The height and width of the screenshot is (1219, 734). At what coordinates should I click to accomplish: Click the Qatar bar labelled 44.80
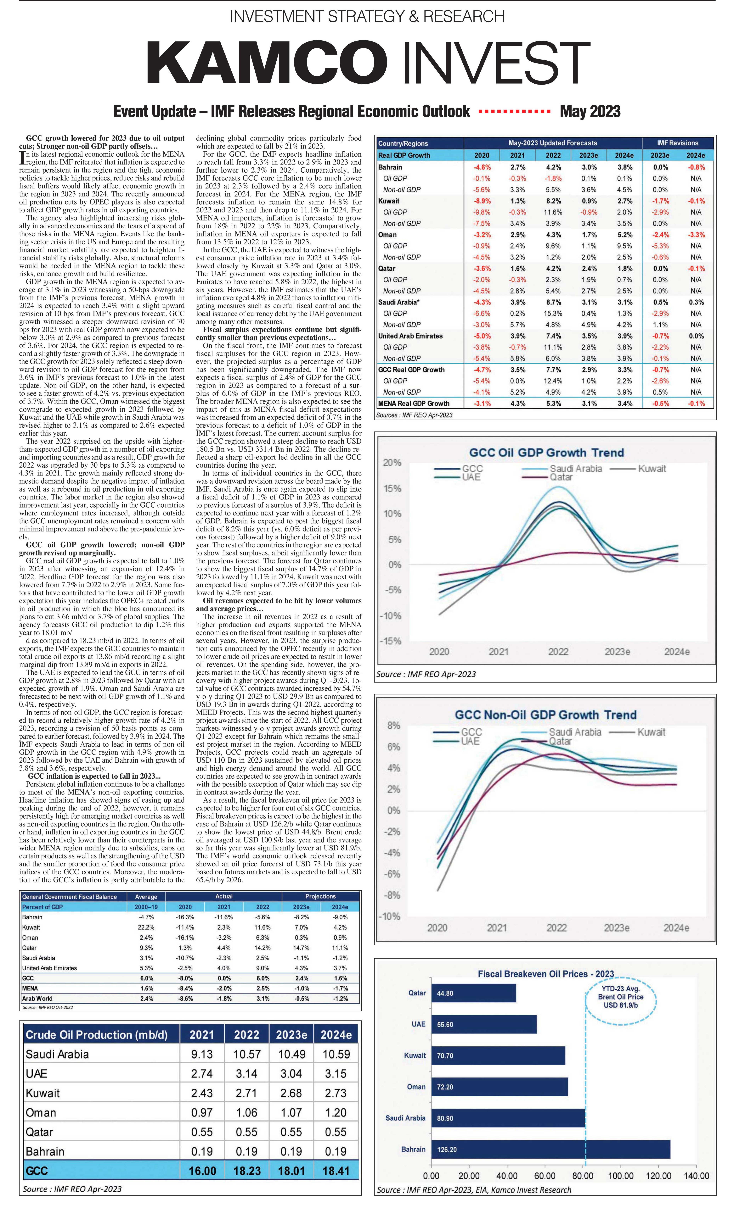coord(473,993)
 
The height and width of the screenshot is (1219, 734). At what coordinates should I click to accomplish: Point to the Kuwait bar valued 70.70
coord(498,1055)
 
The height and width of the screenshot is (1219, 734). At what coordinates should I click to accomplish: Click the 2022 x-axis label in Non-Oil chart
coord(556,928)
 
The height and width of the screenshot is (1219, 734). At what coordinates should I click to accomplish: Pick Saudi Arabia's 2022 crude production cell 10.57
coord(247,1054)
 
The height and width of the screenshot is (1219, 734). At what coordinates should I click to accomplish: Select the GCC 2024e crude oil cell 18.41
coord(336,1171)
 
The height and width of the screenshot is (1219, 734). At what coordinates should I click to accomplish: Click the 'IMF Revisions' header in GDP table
coord(678,143)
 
